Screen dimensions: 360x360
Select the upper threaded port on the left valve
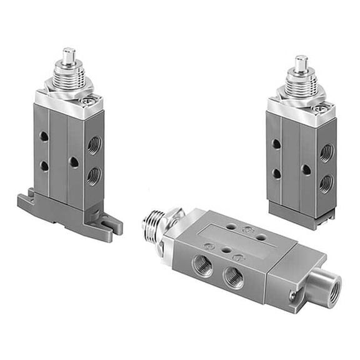[94, 146]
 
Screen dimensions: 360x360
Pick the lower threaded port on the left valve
[94, 176]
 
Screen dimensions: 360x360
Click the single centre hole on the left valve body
[73, 162]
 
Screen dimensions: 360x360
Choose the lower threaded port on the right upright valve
[326, 182]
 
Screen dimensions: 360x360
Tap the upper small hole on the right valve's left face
[276, 144]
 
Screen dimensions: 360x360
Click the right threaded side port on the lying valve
[234, 277]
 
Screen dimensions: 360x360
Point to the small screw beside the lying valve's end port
[292, 295]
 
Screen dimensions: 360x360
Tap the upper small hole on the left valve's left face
[43, 136]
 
